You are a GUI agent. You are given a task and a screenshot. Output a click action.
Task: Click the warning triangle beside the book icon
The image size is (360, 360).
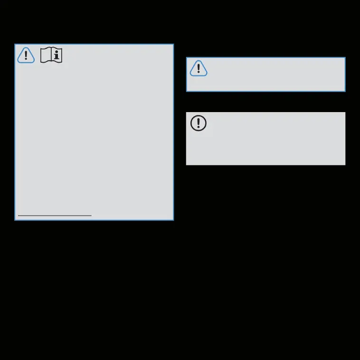tap(26, 56)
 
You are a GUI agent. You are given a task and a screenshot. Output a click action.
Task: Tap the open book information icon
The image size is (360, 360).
tap(51, 55)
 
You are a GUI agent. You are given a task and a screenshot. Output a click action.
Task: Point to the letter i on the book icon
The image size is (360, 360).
tap(57, 56)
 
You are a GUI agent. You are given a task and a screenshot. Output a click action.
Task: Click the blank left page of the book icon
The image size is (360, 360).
tap(46, 55)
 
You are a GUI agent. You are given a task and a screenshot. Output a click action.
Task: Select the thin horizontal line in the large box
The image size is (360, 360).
tap(55, 216)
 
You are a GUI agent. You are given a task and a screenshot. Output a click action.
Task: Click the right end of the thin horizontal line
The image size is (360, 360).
tap(91, 216)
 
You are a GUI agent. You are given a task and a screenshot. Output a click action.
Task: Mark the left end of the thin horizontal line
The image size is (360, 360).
tap(19, 216)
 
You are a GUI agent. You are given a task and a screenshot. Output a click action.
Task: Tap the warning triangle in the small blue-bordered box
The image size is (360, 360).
tap(199, 68)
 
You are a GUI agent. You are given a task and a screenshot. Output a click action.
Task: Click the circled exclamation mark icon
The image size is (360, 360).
tap(199, 123)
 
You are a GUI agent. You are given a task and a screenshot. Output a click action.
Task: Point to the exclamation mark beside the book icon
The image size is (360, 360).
tap(26, 56)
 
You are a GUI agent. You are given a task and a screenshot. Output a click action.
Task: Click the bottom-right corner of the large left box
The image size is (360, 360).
tap(173, 220)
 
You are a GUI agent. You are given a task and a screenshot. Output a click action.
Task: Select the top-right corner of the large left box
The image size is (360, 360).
tap(173, 45)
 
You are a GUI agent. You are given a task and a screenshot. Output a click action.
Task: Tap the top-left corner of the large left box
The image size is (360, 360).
tap(15, 45)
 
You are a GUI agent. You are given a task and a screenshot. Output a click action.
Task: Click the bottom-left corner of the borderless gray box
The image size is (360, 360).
tap(186, 165)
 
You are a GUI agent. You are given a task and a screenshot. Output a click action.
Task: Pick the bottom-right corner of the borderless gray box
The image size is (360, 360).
tap(345, 165)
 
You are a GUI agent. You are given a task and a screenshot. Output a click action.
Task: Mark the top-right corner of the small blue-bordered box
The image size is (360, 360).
tap(345, 58)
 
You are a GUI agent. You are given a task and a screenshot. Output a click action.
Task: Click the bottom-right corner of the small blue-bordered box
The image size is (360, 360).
tap(345, 91)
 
